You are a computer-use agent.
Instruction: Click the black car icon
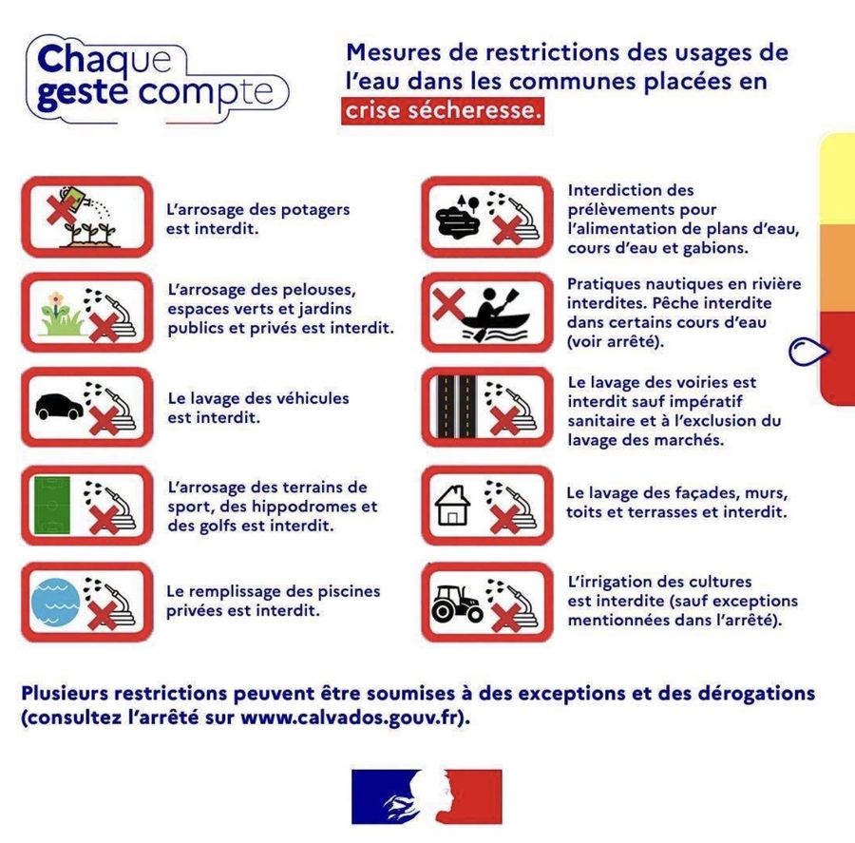(59, 406)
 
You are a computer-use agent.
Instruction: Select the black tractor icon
(457, 604)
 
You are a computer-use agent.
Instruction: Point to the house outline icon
(452, 506)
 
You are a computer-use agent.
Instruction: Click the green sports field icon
(52, 506)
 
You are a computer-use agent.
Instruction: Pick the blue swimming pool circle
(55, 603)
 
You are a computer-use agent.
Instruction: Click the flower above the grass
(55, 299)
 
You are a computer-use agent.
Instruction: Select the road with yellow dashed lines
(456, 407)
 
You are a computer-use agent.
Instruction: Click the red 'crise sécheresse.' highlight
(443, 111)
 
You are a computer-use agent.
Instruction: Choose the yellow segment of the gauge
(838, 179)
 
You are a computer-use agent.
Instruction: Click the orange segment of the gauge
(838, 268)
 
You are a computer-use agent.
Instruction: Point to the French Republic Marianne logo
(427, 796)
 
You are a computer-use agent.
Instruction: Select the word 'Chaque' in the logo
(104, 60)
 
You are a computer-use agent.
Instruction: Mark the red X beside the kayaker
(448, 304)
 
